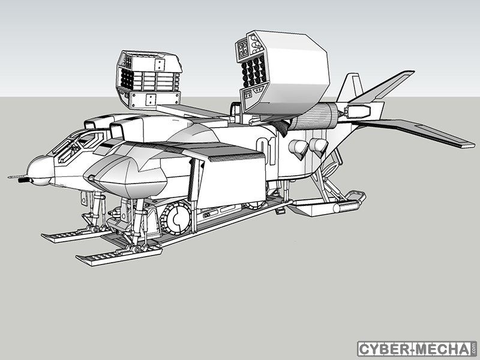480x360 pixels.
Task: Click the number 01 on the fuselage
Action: (266, 151)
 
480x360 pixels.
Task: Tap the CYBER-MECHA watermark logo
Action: (417, 349)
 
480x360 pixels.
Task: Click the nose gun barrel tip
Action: (9, 176)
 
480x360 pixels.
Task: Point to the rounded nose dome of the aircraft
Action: (40, 170)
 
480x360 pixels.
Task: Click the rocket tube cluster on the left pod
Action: (127, 79)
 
